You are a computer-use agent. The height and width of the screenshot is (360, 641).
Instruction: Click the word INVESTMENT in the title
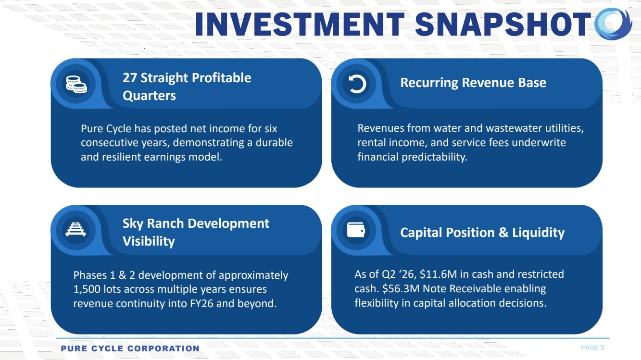tap(300, 24)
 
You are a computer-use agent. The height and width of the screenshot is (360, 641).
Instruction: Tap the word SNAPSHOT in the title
tap(503, 24)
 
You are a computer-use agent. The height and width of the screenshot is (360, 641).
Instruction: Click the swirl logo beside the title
tap(613, 24)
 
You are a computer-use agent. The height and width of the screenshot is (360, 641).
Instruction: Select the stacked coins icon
tap(76, 85)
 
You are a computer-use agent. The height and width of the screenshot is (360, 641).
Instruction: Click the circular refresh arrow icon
tap(357, 84)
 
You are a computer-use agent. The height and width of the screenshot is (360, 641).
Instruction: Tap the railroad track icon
tap(75, 229)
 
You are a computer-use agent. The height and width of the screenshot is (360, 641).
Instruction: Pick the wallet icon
tap(356, 230)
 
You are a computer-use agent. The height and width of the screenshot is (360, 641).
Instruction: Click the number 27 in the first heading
tap(130, 78)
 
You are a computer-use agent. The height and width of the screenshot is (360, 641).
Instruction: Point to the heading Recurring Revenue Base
tap(473, 83)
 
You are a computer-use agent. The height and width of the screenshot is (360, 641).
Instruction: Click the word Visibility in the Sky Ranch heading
tap(149, 241)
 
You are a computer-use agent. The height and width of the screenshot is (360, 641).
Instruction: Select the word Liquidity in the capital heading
tap(538, 233)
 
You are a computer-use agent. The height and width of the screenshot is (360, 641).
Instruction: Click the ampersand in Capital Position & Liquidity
tap(503, 233)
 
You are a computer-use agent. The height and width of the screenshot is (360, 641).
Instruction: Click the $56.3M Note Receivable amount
tap(401, 288)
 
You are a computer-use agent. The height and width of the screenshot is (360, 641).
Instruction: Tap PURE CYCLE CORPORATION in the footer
tap(130, 348)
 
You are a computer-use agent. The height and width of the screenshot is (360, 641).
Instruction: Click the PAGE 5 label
tap(592, 348)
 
